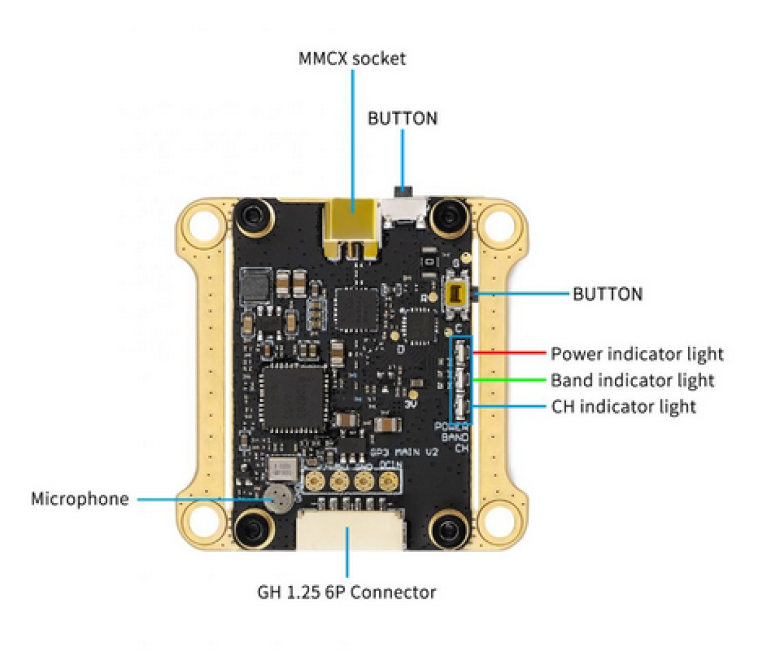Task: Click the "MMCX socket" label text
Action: tap(352, 59)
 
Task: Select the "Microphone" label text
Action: tap(80, 499)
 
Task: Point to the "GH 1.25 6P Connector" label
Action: tap(347, 592)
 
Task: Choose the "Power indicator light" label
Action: tap(637, 354)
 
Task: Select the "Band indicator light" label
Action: tap(632, 380)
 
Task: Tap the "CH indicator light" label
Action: tap(623, 406)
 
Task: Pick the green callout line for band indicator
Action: tap(511, 379)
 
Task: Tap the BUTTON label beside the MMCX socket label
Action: tap(402, 118)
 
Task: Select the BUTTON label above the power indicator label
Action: tap(607, 295)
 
